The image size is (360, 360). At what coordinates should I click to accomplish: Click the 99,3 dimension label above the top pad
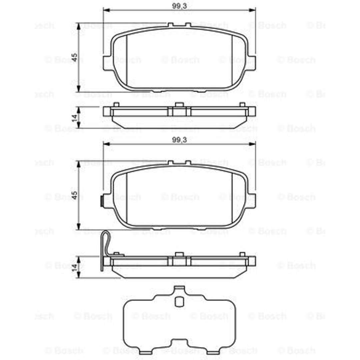180,6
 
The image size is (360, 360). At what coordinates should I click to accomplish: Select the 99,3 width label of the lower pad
180,140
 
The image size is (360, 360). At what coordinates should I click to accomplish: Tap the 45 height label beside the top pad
74,57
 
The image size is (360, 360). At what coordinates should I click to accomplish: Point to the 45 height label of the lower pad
74,195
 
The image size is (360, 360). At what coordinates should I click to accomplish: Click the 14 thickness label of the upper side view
74,118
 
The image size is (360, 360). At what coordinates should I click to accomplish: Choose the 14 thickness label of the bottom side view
74,268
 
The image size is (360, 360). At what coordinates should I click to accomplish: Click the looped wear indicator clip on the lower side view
105,250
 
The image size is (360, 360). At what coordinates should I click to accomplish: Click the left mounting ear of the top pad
108,63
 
